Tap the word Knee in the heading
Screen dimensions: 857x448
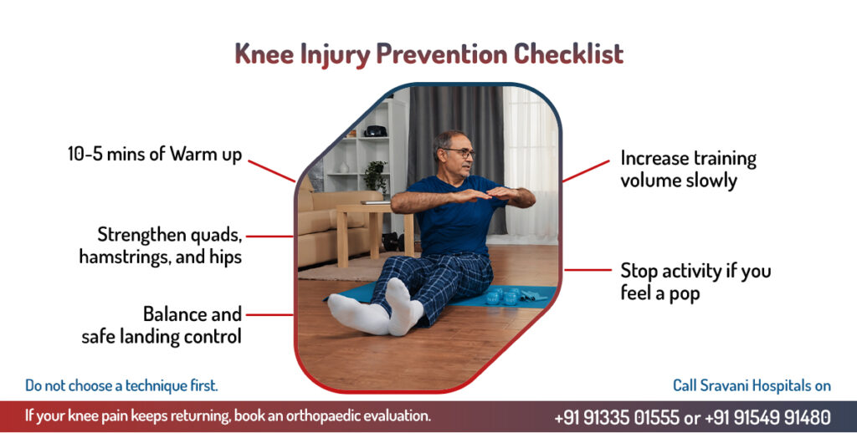[264, 54]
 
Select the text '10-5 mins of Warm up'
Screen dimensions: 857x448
[155, 155]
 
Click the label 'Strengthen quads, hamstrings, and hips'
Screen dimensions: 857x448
[161, 246]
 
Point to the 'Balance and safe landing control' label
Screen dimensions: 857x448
[162, 325]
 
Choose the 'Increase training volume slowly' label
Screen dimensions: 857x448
[688, 169]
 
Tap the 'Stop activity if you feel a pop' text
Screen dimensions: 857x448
[695, 282]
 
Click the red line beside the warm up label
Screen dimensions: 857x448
[272, 171]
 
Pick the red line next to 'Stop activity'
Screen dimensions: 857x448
[588, 270]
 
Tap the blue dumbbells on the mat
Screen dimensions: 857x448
[503, 296]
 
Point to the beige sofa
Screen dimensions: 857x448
[333, 227]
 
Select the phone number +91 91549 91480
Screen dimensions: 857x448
[767, 418]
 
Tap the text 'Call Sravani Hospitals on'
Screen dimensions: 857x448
[752, 386]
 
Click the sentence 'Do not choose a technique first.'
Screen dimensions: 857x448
[121, 386]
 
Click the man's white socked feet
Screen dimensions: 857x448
[377, 310]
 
